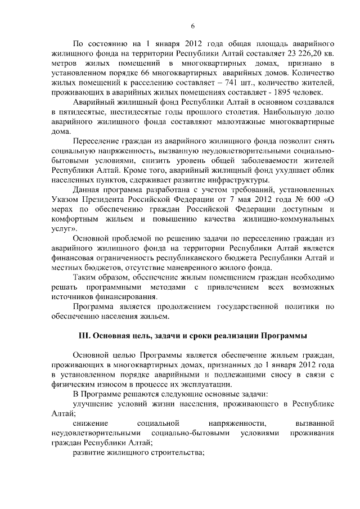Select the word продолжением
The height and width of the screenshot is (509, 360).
coord(166,307)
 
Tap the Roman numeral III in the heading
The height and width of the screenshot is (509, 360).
coord(84,336)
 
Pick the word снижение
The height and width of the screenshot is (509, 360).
coord(92,423)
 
